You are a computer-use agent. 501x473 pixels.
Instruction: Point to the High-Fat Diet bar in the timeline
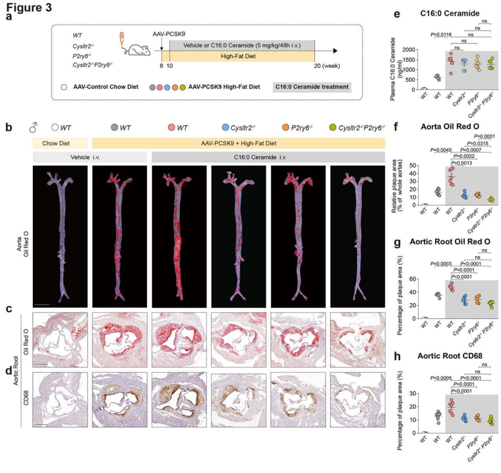pyautogui.click(x=242, y=56)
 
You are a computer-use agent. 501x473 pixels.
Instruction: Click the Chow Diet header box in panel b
pyautogui.click(x=60, y=143)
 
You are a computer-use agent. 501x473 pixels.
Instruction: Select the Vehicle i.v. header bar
pyautogui.click(x=90, y=157)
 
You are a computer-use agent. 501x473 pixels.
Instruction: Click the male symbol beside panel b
pyautogui.click(x=34, y=128)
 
